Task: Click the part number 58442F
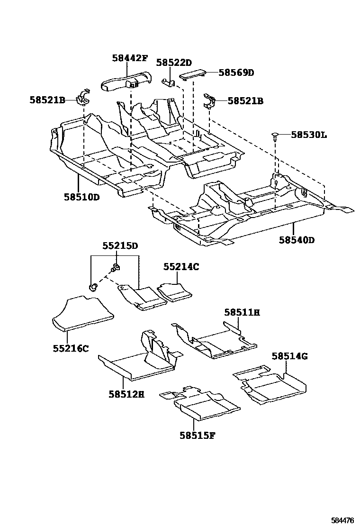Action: [130, 58]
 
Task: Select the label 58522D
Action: [174, 63]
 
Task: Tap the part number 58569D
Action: [236, 73]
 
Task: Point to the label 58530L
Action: [308, 135]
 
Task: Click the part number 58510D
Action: [81, 197]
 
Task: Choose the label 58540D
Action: [297, 240]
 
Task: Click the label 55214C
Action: [181, 267]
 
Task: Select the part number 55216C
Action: [71, 348]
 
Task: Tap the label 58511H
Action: [242, 312]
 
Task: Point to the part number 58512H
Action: [126, 393]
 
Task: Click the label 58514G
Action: [289, 356]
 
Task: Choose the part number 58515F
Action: [197, 435]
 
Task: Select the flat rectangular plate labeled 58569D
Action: [192, 74]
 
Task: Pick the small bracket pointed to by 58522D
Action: [168, 82]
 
